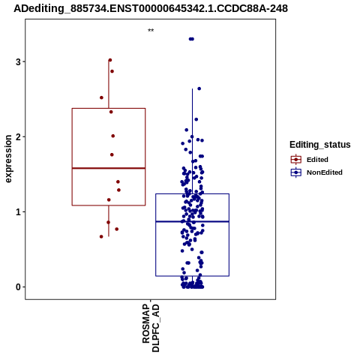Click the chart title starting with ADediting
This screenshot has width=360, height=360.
pos(151,8)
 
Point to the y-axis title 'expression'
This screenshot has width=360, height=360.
pos(8,159)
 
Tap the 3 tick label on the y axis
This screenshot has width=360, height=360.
pos(18,61)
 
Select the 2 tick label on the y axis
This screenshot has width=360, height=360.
pos(18,136)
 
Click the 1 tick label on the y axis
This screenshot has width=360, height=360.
pos(18,212)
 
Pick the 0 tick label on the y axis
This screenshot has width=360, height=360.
pos(18,287)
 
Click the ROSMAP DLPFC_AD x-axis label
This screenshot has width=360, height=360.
pos(151,328)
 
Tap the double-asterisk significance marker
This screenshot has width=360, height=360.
pos(151,31)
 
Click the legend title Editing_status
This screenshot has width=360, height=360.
pos(320,145)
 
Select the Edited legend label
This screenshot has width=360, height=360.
pos(317,160)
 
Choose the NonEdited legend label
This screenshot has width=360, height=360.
pos(325,172)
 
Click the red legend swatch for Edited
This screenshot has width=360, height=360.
pos(296,160)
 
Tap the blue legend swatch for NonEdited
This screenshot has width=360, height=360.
pos(296,172)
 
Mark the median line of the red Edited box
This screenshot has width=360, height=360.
pos(109,168)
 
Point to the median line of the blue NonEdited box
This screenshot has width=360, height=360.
pos(192,221)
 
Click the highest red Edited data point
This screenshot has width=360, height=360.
pos(110,60)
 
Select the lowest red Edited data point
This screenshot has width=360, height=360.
pos(101,236)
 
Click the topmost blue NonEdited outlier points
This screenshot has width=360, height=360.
pos(191,39)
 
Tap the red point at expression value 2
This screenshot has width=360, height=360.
pos(113,136)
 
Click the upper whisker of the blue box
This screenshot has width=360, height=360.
pos(192,141)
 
